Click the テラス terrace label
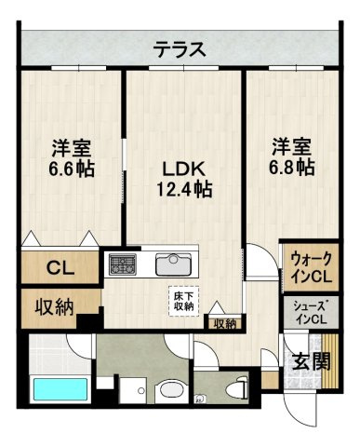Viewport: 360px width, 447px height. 180,49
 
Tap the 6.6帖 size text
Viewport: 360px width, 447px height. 71,169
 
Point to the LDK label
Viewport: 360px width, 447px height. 184,170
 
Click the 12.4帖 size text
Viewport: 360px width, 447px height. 184,189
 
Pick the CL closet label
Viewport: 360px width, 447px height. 60,267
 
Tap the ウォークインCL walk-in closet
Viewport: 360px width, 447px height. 312,267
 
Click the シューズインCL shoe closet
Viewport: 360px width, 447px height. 311,313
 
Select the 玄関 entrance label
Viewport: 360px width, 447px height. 311,361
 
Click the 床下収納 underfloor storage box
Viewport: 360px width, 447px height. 184,301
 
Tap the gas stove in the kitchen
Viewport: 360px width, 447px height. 122,264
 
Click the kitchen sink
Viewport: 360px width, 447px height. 173,264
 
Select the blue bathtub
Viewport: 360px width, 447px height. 60,389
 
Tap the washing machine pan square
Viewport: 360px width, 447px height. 133,390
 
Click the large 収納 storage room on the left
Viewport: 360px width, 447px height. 60,308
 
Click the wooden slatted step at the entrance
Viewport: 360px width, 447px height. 329,360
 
